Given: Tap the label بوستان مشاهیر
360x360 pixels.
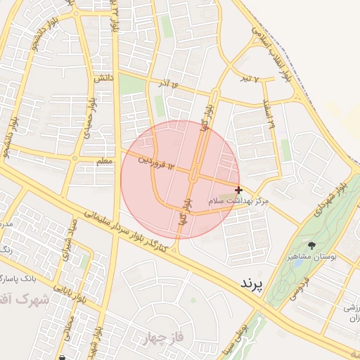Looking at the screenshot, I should pyautogui.click(x=311, y=257).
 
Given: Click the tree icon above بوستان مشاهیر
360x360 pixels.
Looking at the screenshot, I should pyautogui.click(x=311, y=245).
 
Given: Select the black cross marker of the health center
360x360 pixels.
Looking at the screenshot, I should pyautogui.click(x=239, y=189).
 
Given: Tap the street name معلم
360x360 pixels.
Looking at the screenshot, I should pyautogui.click(x=103, y=161).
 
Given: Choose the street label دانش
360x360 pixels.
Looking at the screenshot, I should pyautogui.click(x=103, y=79).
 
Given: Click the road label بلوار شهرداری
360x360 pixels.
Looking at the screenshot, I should pyautogui.click(x=331, y=194).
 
